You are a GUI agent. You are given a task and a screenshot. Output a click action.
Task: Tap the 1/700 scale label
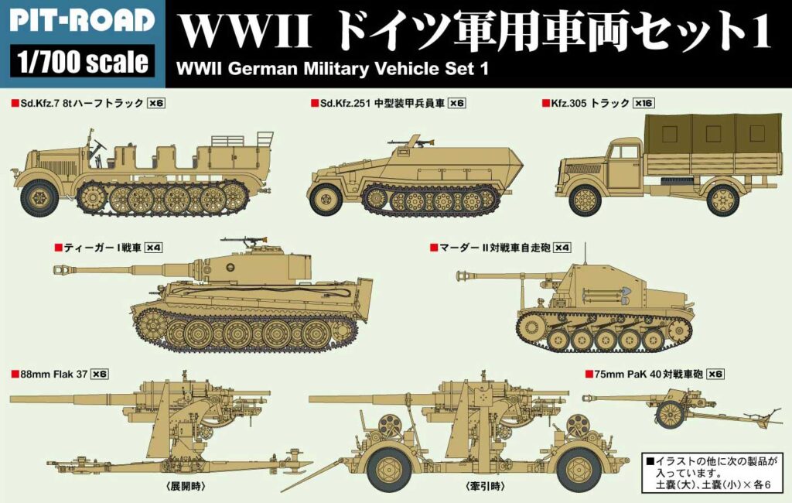click(x=82, y=61)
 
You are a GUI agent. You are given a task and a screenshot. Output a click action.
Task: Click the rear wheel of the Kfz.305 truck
click(x=722, y=200)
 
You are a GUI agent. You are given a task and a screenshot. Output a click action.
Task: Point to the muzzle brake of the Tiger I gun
click(x=61, y=269)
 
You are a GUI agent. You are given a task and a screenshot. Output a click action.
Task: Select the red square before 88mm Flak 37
click(x=15, y=374)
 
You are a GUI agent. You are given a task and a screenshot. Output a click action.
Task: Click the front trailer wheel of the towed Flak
click(x=390, y=466)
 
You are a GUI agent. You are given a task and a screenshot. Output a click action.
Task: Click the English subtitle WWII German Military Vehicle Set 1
click(x=333, y=67)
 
